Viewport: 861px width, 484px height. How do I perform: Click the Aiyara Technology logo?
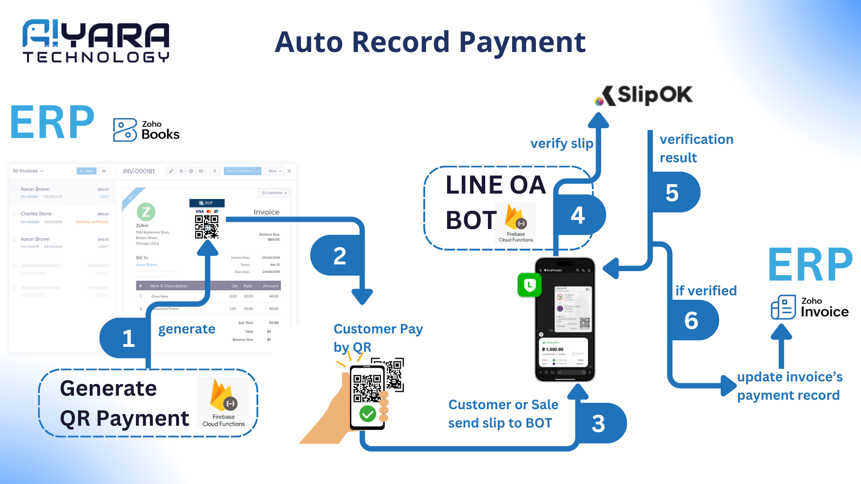pos(96,41)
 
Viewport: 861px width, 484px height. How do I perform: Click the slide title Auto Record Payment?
pos(430,42)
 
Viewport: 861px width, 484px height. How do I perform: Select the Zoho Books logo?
pos(146,130)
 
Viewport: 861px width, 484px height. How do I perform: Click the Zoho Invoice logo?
pos(809,307)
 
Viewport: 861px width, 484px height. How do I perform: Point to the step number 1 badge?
pos(128,338)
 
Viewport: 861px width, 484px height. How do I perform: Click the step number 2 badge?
pos(339,256)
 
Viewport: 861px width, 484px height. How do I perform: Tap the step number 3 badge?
pos(598,423)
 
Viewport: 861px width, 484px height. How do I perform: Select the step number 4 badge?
pos(578,216)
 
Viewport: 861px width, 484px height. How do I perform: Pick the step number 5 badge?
pos(672,193)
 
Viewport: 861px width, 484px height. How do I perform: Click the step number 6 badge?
pos(691,320)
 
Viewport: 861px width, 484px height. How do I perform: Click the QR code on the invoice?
pos(207,227)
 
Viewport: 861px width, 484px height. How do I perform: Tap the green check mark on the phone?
pos(368,413)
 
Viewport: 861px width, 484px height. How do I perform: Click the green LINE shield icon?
pos(530,285)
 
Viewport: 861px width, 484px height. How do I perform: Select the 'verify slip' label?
pos(561,143)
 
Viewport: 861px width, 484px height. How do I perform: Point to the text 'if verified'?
pos(706,291)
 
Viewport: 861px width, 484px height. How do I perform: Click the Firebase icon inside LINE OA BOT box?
pos(515,218)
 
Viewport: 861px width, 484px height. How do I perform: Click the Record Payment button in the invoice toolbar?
pos(239,171)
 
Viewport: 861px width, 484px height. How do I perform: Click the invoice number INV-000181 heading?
pos(139,171)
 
